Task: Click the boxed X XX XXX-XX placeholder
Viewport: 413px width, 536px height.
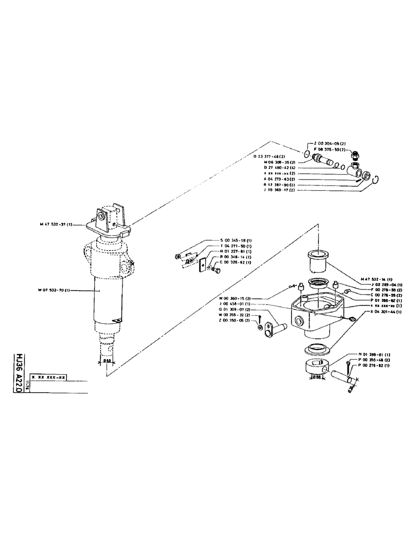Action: point(49,377)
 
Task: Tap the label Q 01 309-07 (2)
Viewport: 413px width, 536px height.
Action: point(233,310)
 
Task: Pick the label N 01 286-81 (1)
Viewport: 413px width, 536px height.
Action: point(373,354)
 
